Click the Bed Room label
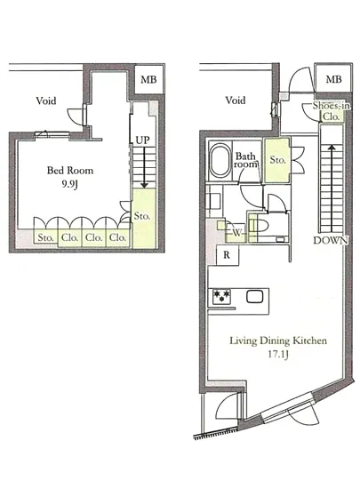click(x=70, y=171)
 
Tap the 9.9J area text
click(x=69, y=184)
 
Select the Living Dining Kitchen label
click(x=278, y=341)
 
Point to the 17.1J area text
click(x=278, y=355)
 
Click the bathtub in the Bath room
click(x=220, y=160)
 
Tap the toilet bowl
click(x=260, y=226)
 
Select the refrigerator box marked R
click(x=228, y=255)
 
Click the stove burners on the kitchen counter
click(x=221, y=296)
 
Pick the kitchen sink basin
click(x=255, y=297)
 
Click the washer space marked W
click(x=236, y=232)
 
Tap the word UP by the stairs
click(x=143, y=140)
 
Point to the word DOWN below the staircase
click(x=331, y=240)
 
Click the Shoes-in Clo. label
click(x=331, y=111)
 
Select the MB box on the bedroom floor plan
click(x=148, y=79)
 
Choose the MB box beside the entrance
click(x=333, y=79)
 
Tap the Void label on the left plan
click(x=46, y=100)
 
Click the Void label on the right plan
click(x=236, y=100)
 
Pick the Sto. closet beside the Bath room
click(x=277, y=160)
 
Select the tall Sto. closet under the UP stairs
click(x=144, y=219)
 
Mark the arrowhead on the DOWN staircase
click(x=332, y=148)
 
